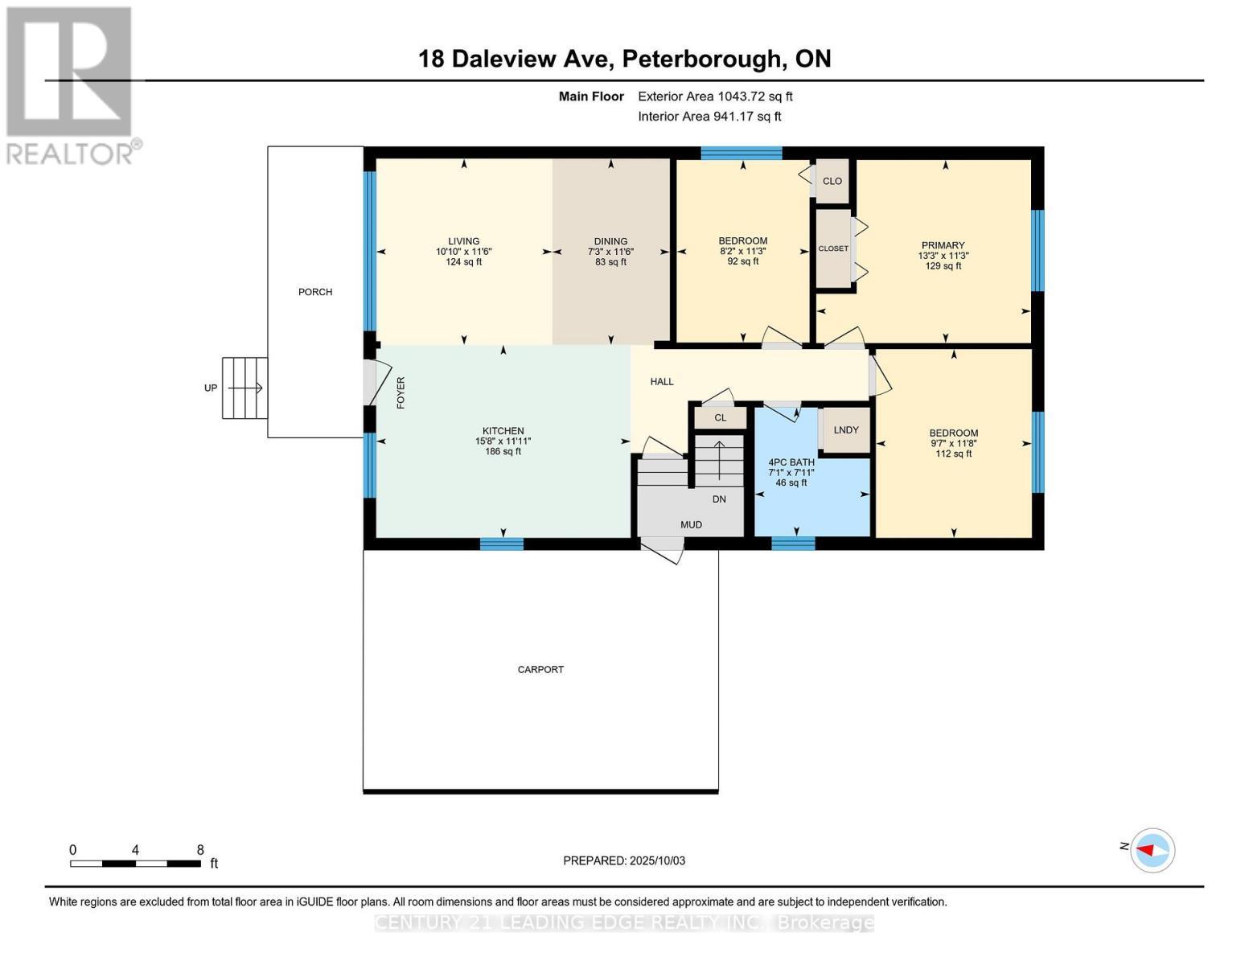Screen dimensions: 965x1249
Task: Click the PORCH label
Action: (314, 292)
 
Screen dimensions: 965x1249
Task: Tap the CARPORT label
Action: (540, 669)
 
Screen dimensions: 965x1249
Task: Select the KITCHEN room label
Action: (503, 431)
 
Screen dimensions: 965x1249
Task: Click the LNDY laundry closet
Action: (846, 430)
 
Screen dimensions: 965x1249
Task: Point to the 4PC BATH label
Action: (791, 462)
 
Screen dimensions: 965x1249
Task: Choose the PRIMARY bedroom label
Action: (943, 245)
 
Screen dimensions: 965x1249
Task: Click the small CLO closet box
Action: (832, 181)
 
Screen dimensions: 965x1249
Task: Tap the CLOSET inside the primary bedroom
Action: (833, 248)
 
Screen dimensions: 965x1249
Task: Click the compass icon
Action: (1152, 850)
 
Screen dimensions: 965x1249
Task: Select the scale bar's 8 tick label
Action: (200, 850)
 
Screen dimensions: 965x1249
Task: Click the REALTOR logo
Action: (70, 84)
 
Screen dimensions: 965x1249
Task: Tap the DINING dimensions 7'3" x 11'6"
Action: (610, 252)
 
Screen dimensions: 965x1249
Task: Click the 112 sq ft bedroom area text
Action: (953, 454)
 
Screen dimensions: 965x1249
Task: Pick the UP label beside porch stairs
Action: (211, 388)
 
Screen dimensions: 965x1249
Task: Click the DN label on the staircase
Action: (719, 499)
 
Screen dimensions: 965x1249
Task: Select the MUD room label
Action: (691, 524)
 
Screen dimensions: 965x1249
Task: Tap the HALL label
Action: (662, 381)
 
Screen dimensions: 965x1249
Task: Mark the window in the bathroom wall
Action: (793, 544)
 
